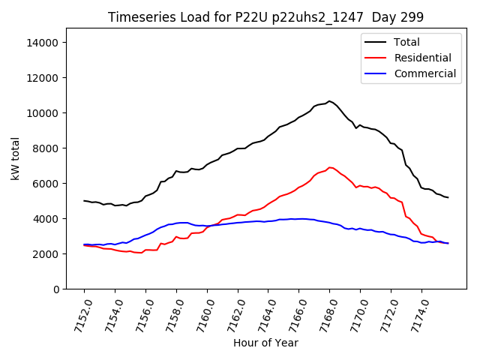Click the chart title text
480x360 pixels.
[265, 17]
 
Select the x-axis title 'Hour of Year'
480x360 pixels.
[265, 343]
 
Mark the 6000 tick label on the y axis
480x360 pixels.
[46, 184]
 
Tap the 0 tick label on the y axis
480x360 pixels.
[56, 289]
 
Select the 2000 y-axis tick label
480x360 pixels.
[46, 254]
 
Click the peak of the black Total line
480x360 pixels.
[329, 100]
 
